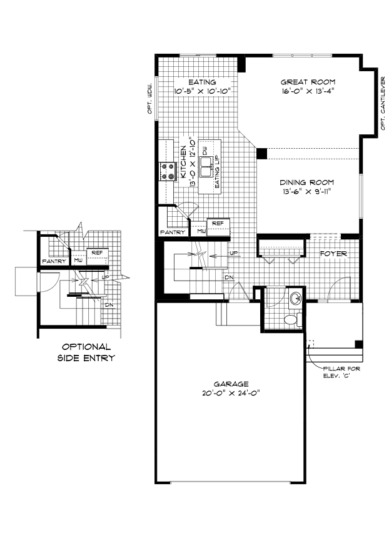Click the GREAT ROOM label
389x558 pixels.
(308, 82)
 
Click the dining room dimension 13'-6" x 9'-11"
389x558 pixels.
(307, 192)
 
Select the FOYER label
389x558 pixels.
(333, 254)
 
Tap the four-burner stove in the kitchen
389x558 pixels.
(168, 171)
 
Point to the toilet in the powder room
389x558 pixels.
(290, 320)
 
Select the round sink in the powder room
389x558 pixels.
(295, 298)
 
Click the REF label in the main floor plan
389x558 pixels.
(218, 223)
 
